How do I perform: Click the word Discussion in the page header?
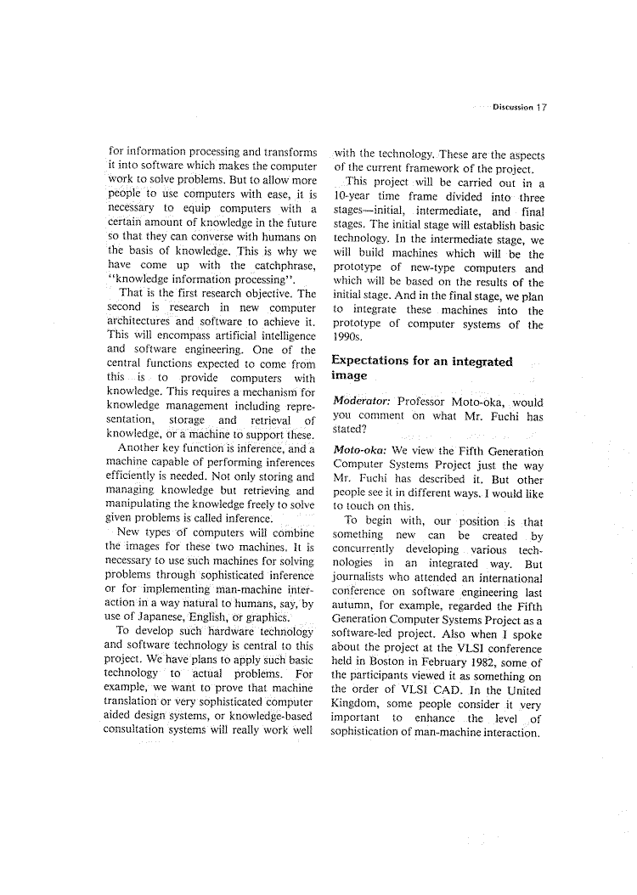pos(512,108)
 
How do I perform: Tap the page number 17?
pos(541,108)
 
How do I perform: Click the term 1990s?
pos(349,338)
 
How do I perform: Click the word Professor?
pos(425,402)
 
